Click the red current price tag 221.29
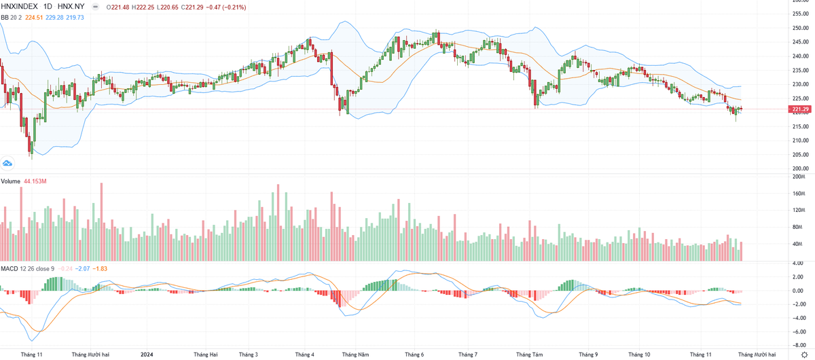pos(799,109)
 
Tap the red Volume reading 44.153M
pos(34,181)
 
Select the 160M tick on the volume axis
pos(799,194)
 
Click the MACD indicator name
pos(9,269)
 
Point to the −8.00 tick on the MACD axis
pos(799,346)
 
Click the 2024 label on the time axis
pos(146,355)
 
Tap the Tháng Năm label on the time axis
pos(355,355)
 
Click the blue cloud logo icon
pos(8,163)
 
